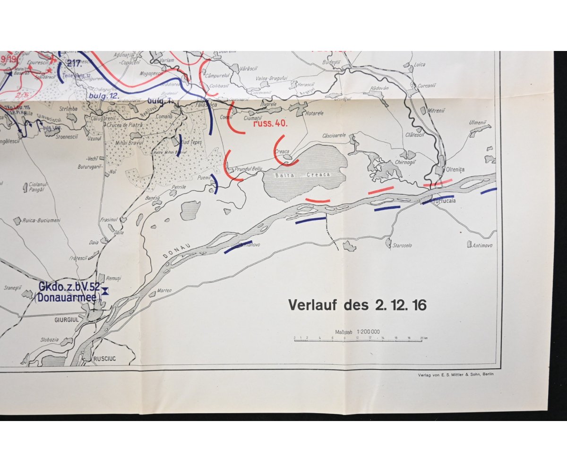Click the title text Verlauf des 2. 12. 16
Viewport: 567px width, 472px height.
pyautogui.click(x=357, y=305)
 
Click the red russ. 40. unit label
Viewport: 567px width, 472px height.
pyautogui.click(x=270, y=125)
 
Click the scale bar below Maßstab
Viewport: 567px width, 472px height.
pyautogui.click(x=358, y=339)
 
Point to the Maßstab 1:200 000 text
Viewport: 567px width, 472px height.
pyautogui.click(x=358, y=332)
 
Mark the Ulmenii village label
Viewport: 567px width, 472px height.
pyautogui.click(x=477, y=123)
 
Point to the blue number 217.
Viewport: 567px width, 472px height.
pyautogui.click(x=74, y=63)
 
